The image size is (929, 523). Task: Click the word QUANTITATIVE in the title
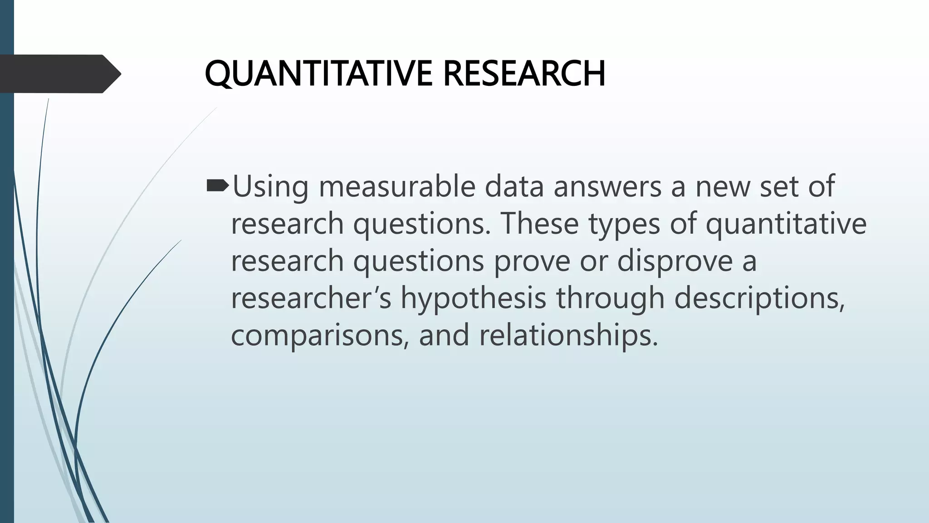click(x=319, y=74)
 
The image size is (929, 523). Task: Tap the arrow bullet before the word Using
click(x=218, y=185)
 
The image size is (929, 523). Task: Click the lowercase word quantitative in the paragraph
click(x=786, y=224)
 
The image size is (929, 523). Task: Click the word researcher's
click(x=311, y=298)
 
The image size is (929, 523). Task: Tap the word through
click(x=610, y=299)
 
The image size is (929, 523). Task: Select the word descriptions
click(x=759, y=299)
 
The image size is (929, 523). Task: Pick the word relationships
click(x=568, y=336)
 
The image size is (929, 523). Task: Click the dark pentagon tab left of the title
click(x=57, y=74)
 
